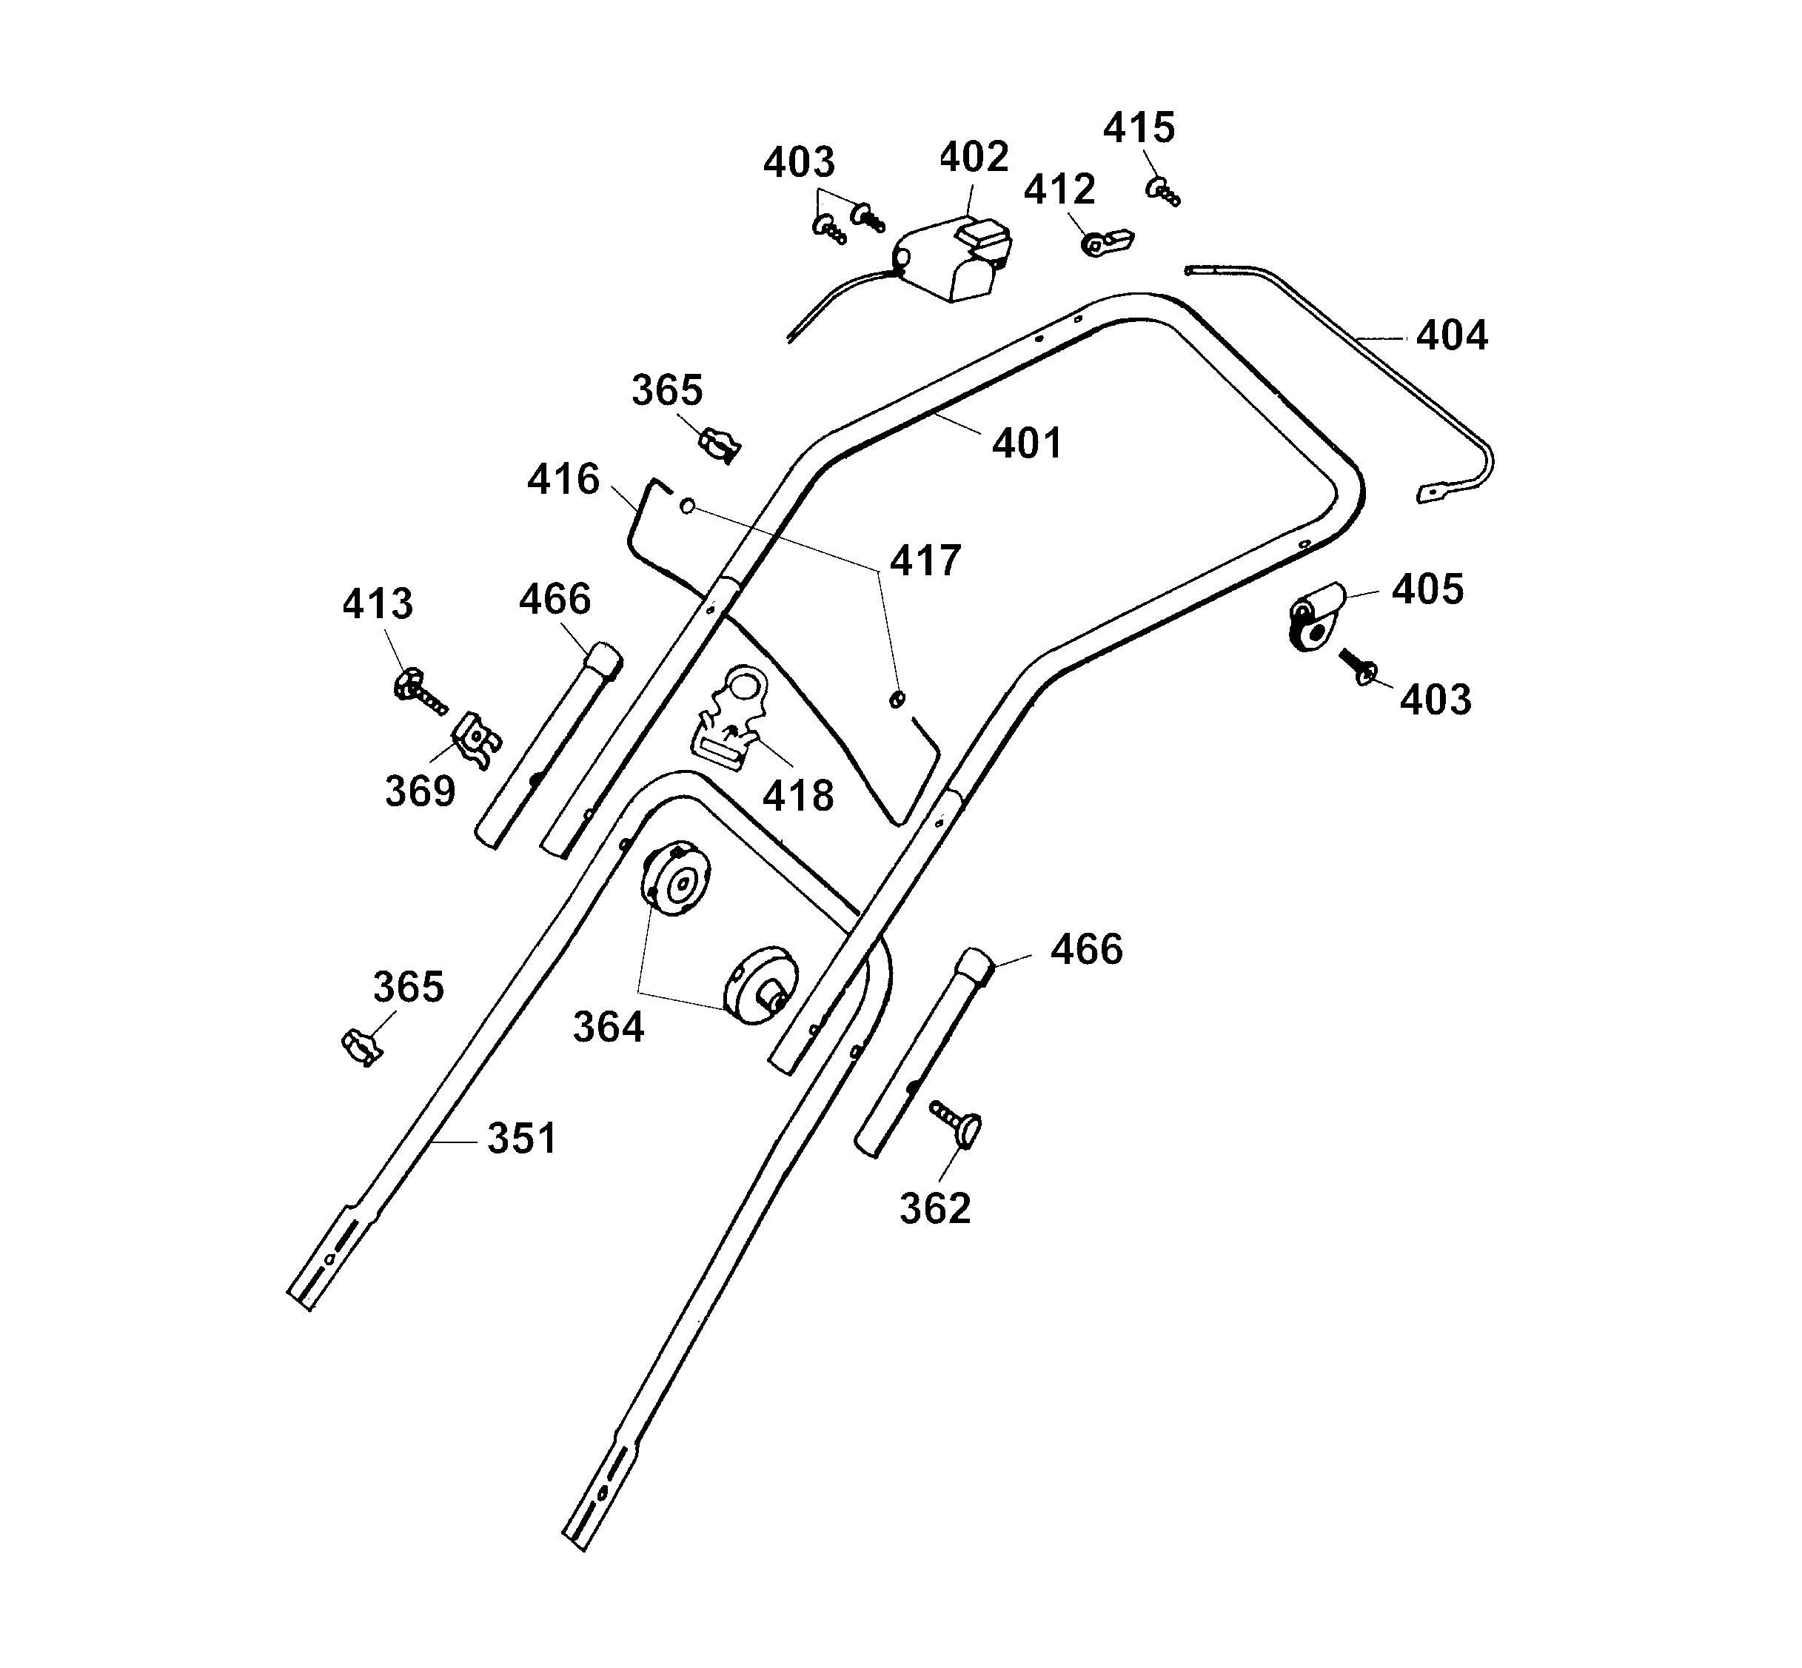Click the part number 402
tap(973, 157)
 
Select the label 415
tap(1139, 128)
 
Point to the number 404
tap(1451, 336)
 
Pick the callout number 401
tap(1027, 443)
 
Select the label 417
tap(925, 560)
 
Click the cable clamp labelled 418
tap(733, 718)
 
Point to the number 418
tap(797, 796)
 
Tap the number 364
tap(608, 1027)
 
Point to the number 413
tap(377, 603)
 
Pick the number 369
tap(420, 791)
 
